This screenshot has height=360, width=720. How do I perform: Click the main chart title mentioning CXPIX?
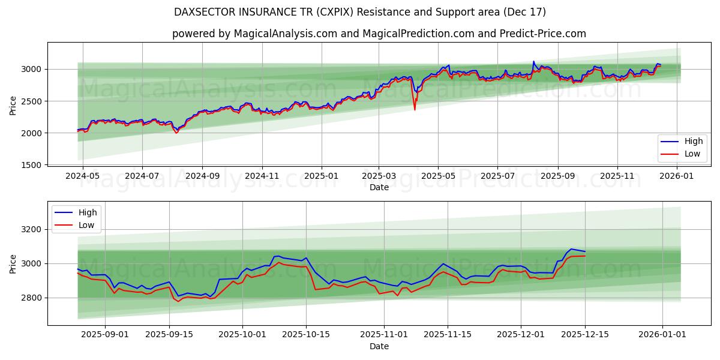[359, 12]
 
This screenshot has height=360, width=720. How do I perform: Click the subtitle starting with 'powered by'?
[379, 34]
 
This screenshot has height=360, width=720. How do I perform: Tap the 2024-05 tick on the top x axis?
[82, 176]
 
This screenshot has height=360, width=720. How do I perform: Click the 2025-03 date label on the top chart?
[379, 176]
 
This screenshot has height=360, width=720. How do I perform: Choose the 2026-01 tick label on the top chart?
[677, 176]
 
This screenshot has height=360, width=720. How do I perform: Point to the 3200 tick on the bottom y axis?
[31, 230]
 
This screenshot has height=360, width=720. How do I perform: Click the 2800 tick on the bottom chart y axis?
[31, 298]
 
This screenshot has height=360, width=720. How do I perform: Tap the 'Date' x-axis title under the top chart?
[379, 187]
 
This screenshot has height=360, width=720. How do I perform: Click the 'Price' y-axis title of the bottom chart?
[13, 263]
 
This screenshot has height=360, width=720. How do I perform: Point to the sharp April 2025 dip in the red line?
[415, 109]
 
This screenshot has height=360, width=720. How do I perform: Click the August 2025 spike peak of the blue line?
[533, 61]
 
